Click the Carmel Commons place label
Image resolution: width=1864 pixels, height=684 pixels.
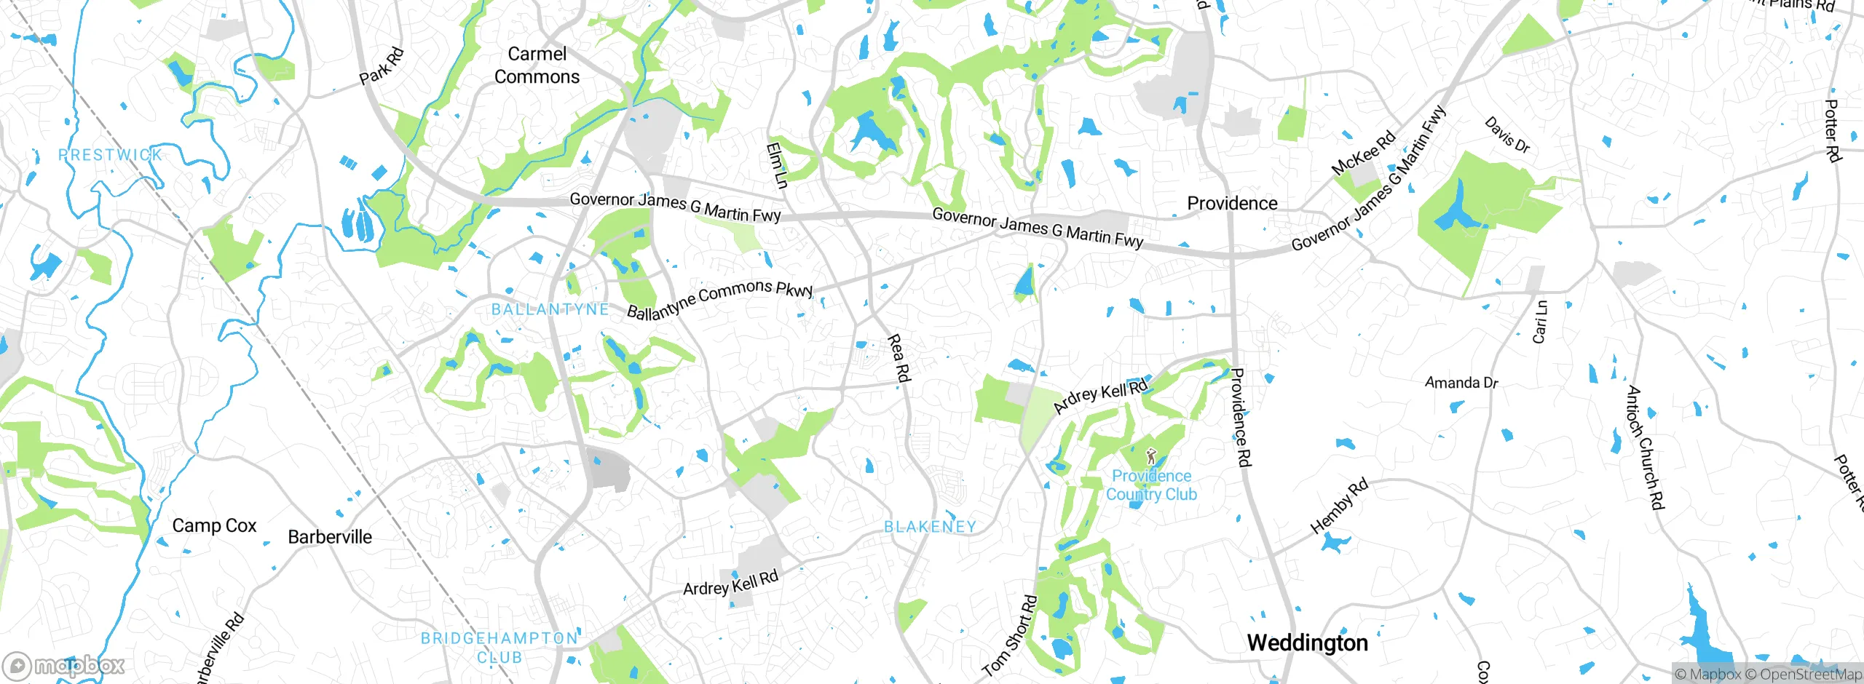pyautogui.click(x=537, y=65)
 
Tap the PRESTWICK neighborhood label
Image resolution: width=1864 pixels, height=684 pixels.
pyautogui.click(x=110, y=155)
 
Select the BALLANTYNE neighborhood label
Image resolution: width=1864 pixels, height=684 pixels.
pyautogui.click(x=550, y=309)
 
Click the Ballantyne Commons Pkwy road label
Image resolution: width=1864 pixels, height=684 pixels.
pyautogui.click(x=719, y=298)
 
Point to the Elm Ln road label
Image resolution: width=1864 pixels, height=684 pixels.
pyautogui.click(x=777, y=165)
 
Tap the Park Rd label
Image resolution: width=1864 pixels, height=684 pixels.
pyautogui.click(x=382, y=66)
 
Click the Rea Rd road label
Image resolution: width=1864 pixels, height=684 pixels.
pyautogui.click(x=899, y=358)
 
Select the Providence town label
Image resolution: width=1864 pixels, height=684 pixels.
pyautogui.click(x=1232, y=204)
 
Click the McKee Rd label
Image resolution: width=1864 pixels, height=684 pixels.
pyautogui.click(x=1363, y=153)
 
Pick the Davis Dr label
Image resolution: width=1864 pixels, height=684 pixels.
pyautogui.click(x=1507, y=135)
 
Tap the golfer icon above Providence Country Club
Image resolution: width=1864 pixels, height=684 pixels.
pyautogui.click(x=1150, y=457)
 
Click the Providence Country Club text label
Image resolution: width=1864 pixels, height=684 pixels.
pyautogui.click(x=1151, y=485)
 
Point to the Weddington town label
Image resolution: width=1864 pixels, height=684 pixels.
pyautogui.click(x=1307, y=643)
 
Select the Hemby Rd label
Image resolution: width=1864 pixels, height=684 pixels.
pyautogui.click(x=1339, y=506)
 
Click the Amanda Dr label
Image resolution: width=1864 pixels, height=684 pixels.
pyautogui.click(x=1461, y=383)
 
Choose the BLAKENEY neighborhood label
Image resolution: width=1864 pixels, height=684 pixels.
pyautogui.click(x=930, y=527)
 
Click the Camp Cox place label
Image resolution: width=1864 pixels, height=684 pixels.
pyautogui.click(x=214, y=525)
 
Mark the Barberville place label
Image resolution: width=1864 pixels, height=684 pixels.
pyautogui.click(x=330, y=537)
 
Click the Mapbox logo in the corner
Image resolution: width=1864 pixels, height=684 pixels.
pyautogui.click(x=64, y=665)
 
